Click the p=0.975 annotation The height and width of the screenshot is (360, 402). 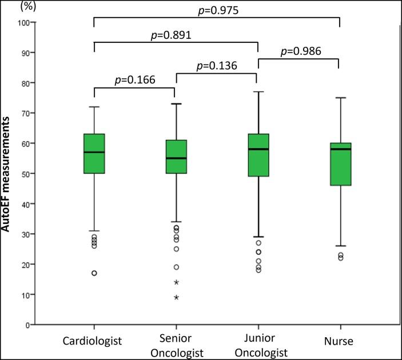[x=217, y=10]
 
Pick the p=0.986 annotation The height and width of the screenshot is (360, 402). [x=298, y=51]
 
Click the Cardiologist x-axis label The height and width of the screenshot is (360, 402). [x=94, y=341]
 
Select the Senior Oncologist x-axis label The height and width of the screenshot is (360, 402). [x=176, y=346]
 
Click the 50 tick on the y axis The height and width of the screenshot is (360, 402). [x=24, y=173]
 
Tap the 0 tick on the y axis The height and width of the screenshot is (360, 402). [x=26, y=325]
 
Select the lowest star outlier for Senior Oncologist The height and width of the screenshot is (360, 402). [x=176, y=297]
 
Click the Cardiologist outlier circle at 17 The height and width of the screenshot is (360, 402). [x=94, y=273]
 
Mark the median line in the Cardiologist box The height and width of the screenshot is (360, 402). [x=94, y=152]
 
